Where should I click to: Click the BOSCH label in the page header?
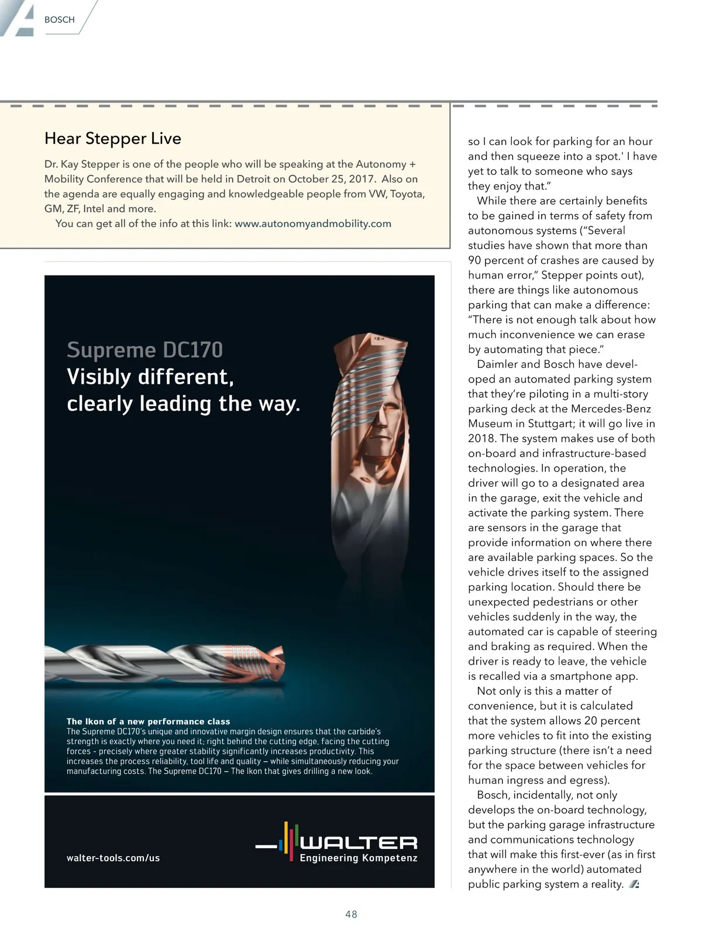59,20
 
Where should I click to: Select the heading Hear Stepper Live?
113,139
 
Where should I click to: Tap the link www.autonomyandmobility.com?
313,223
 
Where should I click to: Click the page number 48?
351,914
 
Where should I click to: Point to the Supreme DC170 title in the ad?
145,350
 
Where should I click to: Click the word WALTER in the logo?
359,842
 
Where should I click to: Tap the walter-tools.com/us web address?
113,858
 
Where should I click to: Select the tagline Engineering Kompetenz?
359,858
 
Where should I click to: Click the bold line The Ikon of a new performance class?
149,721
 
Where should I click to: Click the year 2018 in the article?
481,438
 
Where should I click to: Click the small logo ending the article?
634,885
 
